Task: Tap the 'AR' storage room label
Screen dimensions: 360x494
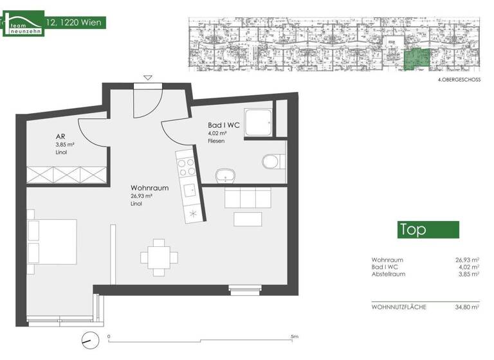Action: (59, 136)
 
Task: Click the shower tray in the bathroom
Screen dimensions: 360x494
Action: (259, 122)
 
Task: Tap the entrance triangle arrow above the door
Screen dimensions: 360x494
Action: (148, 78)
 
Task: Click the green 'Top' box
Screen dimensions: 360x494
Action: (427, 230)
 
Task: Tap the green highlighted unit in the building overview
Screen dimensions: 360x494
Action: (414, 60)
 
